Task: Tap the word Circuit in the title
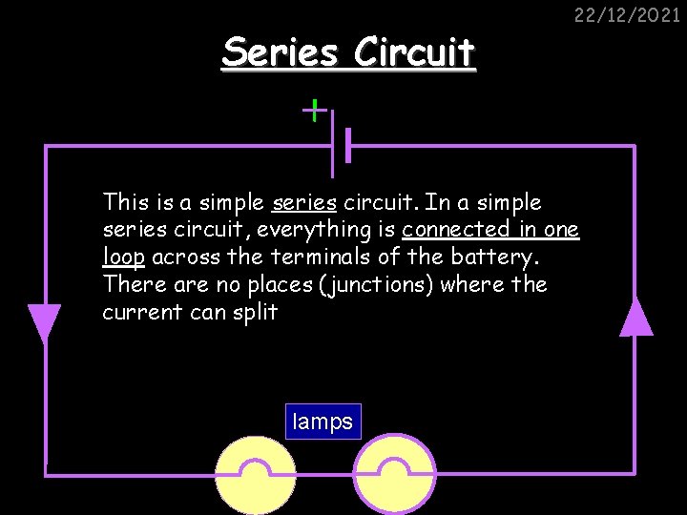414,52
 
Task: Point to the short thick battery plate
348,146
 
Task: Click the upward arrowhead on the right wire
636,318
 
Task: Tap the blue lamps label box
323,422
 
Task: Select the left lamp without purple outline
254,477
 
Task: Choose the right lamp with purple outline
393,477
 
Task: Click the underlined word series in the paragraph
304,202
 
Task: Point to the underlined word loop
123,257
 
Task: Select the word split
255,312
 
